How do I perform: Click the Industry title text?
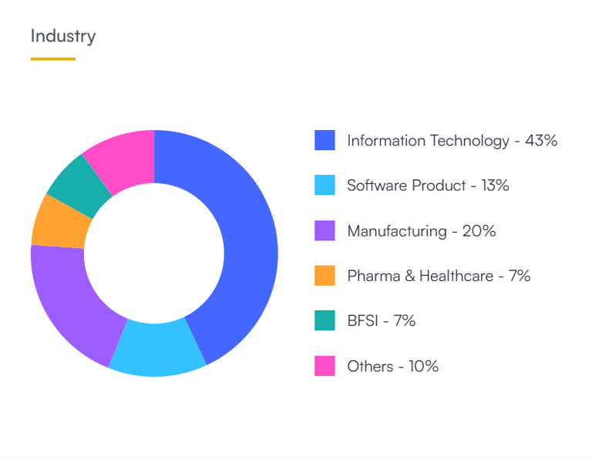coord(63,36)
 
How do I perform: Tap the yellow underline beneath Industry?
coord(53,59)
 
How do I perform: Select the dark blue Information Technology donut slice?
coord(245,231)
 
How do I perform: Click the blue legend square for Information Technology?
coord(325,140)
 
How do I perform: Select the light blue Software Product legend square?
coord(325,186)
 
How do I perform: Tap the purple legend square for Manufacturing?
coord(325,230)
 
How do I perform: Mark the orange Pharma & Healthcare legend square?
coord(325,276)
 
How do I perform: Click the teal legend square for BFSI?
coord(325,320)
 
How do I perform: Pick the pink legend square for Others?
coord(325,366)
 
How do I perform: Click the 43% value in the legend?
coord(541,140)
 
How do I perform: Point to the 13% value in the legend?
coord(493,186)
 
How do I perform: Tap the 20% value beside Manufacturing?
coord(479,230)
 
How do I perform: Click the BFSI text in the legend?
coord(362,320)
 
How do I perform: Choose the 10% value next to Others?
coord(423,366)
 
